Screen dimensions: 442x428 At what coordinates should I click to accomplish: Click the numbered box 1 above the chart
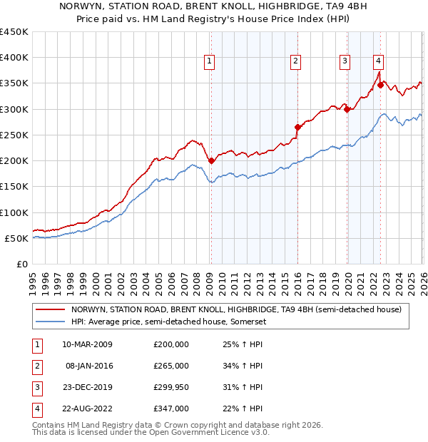tap(210, 62)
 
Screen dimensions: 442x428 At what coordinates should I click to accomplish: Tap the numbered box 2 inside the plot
tap(295, 62)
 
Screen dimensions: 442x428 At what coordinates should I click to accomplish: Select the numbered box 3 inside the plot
tap(345, 62)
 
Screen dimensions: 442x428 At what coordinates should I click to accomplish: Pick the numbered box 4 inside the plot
tap(378, 62)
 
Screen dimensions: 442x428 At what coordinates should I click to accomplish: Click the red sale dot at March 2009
tap(211, 160)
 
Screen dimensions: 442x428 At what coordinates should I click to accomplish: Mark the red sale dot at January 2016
tap(297, 127)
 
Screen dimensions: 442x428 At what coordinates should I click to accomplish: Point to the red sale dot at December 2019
tap(347, 109)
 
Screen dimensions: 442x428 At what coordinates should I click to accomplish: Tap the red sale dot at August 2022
tap(381, 85)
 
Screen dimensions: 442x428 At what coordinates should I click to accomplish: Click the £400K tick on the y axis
tap(14, 58)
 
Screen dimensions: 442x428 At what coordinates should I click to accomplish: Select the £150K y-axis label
tap(14, 187)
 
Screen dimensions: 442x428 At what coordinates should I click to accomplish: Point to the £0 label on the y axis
tap(21, 264)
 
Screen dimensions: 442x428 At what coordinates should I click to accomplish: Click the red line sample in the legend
tap(50, 309)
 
